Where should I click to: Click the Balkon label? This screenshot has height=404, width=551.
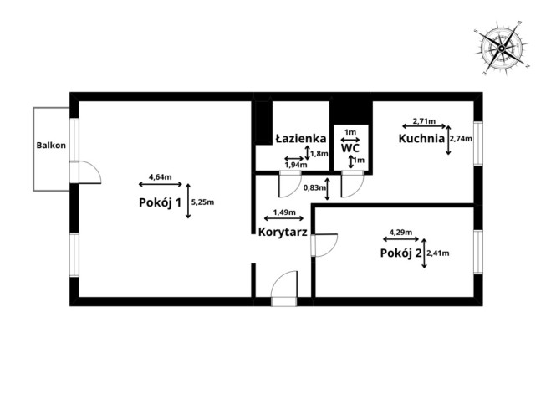pyautogui.click(x=51, y=146)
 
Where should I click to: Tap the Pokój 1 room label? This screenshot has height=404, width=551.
pyautogui.click(x=161, y=202)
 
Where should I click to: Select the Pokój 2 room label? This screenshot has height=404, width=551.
pyautogui.click(x=400, y=253)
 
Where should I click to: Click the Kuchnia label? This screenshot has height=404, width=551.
pyautogui.click(x=421, y=139)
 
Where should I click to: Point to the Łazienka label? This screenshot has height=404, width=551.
pyautogui.click(x=301, y=139)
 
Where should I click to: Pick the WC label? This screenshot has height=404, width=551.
pyautogui.click(x=350, y=148)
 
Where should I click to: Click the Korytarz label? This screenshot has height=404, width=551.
pyautogui.click(x=283, y=232)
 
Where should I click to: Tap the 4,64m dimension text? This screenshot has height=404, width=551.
pyautogui.click(x=161, y=176)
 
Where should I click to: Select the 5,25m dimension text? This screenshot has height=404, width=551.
pyautogui.click(x=202, y=202)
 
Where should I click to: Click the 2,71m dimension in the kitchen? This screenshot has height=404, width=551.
pyautogui.click(x=424, y=121)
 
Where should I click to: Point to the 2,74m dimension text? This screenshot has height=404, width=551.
pyautogui.click(x=461, y=139)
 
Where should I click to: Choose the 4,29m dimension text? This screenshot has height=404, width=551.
pyautogui.click(x=401, y=232)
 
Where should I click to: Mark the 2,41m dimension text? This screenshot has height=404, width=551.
pyautogui.click(x=438, y=253)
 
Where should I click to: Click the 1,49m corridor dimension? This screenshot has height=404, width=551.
pyautogui.click(x=284, y=212)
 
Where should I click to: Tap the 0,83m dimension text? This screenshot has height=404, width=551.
pyautogui.click(x=314, y=187)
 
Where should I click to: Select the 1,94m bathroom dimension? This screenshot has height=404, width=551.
pyautogui.click(x=296, y=165)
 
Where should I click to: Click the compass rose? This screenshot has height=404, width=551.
pyautogui.click(x=501, y=49)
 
